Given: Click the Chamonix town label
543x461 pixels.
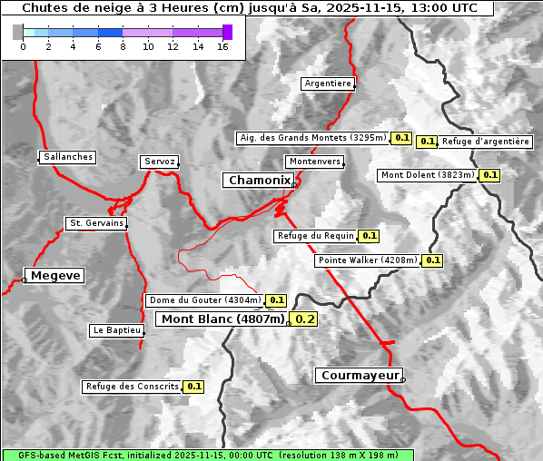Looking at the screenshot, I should coord(259,181).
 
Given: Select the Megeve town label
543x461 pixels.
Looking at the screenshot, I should coord(55,275).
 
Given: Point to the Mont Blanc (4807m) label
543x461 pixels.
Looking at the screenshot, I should coord(222,319).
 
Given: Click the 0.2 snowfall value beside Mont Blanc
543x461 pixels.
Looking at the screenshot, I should coord(305,319).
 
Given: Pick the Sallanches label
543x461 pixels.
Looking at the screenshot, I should coord(68,157).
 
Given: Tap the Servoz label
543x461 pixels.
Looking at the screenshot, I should coord(160,162).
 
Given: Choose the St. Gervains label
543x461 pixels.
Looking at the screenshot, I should coord(96,223).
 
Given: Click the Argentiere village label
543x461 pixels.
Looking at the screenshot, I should coord(328,83).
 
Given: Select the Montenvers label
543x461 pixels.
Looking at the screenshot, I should coord(315,162).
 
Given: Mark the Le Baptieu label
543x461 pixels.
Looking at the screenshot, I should coord(117,330).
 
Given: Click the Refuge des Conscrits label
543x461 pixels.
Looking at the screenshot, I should coord(133,387).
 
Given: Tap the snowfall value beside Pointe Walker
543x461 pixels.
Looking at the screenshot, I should coord(433,260).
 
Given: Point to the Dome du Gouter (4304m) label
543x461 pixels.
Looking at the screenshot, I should coord(205,300).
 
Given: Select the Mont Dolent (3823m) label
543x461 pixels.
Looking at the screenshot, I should coord(428,175).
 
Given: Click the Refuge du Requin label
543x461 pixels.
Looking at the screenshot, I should coord(315,236).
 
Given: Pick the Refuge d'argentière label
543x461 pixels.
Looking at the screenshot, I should coord(486,142).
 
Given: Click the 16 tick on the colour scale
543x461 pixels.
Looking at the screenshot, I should coord(222,46).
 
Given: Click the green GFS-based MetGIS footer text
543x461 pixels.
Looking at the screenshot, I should coord(207,455).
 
